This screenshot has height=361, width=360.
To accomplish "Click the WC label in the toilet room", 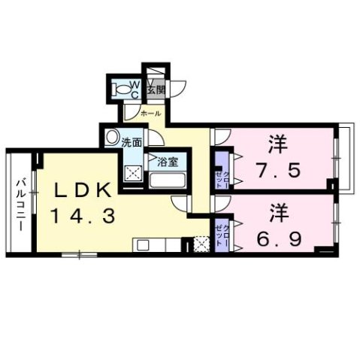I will (132, 88).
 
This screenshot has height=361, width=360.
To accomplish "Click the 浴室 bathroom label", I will (166, 159).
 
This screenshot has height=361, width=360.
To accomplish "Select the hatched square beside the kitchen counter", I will (201, 244).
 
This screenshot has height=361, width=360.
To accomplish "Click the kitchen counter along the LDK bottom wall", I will (158, 244).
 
